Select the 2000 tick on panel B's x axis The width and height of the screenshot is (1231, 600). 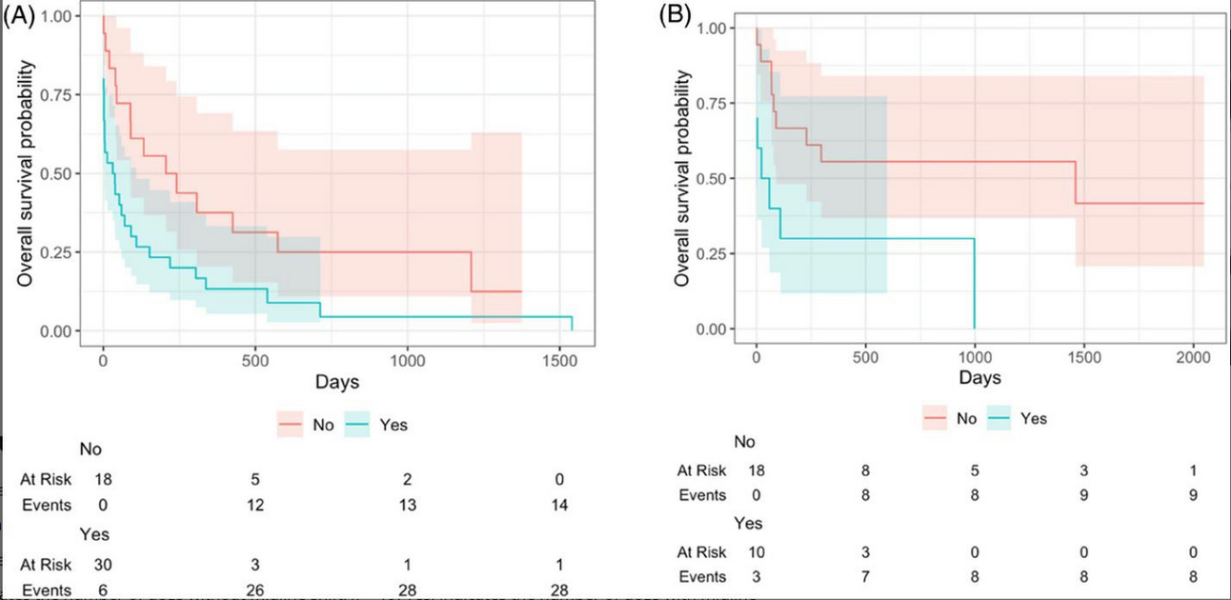coord(1192,356)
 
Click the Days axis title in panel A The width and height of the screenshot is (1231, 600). coord(338,382)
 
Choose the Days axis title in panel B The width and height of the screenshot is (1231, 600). coord(979,378)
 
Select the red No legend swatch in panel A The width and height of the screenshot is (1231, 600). coord(291,425)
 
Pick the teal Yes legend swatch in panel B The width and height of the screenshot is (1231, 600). coord(999,418)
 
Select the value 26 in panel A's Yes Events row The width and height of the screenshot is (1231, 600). coord(254,592)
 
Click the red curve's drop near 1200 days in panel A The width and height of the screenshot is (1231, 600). coord(471,271)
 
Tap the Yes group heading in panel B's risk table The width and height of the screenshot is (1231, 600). coord(748,523)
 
